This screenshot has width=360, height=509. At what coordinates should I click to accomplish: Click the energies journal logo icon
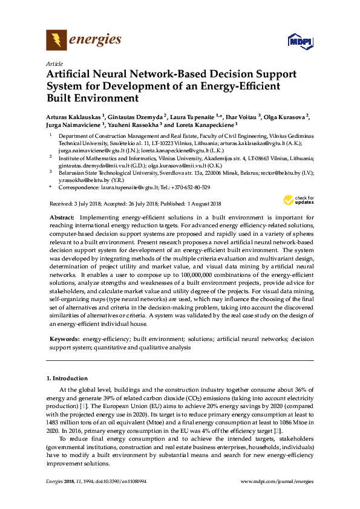click(x=56, y=41)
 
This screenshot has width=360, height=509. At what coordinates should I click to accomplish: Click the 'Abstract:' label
click(x=61, y=216)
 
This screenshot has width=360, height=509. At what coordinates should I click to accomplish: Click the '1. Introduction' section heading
click(x=67, y=378)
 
